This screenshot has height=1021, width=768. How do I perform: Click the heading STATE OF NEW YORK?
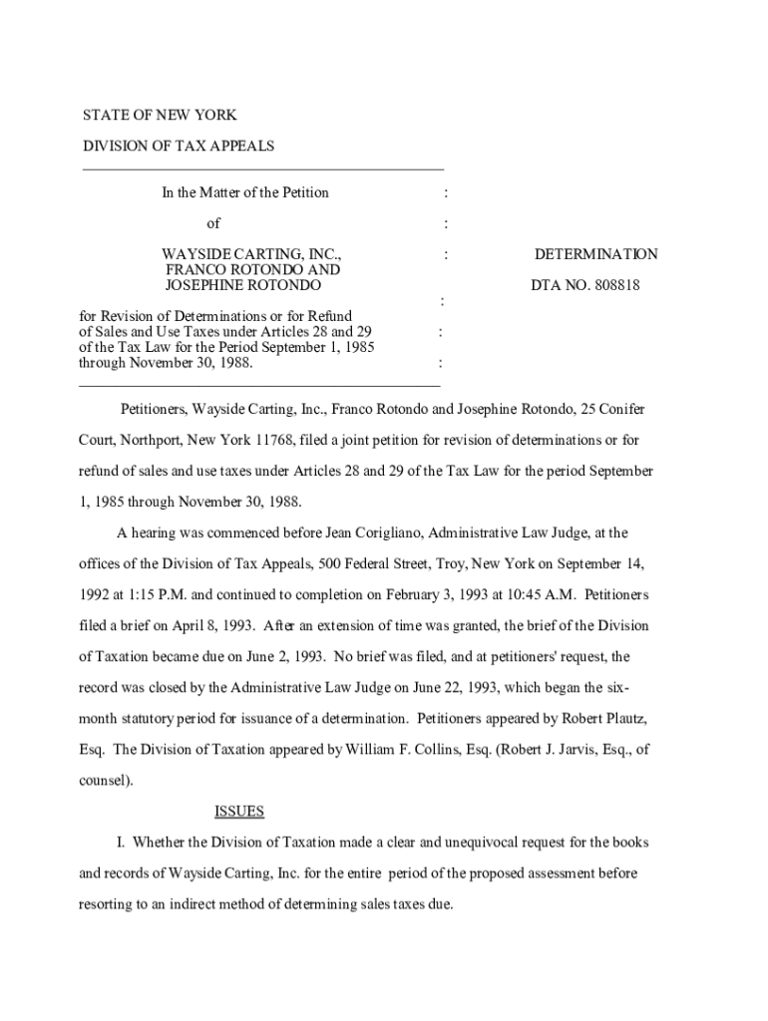(159, 116)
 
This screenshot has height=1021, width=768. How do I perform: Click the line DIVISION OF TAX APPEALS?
(178, 147)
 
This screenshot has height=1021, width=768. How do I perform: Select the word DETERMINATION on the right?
(595, 254)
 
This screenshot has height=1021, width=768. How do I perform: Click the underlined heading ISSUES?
(239, 812)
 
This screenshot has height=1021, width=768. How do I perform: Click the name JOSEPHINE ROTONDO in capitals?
(243, 285)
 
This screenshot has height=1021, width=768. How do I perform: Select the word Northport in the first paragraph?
(123, 440)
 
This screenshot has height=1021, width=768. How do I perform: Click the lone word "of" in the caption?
(213, 223)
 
